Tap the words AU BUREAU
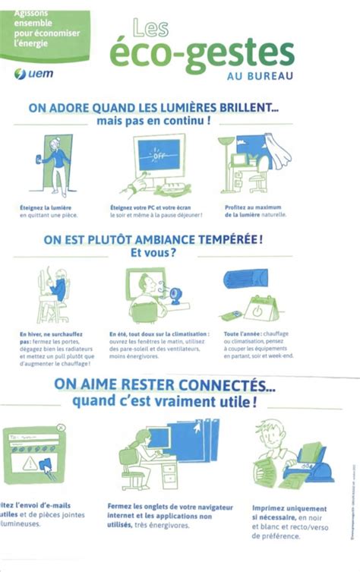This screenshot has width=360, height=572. [x=259, y=75]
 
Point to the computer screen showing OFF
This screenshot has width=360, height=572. [x=159, y=156]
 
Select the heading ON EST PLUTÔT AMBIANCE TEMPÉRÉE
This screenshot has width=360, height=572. [x=153, y=239]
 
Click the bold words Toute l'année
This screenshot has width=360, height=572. [x=242, y=334]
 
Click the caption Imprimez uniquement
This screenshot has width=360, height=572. [x=289, y=507]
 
